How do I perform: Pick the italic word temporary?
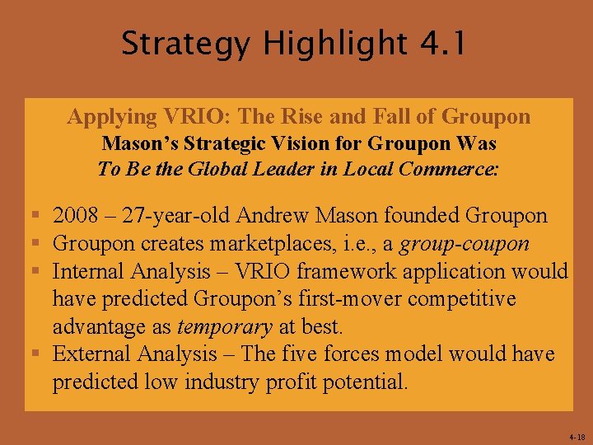click(224, 326)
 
